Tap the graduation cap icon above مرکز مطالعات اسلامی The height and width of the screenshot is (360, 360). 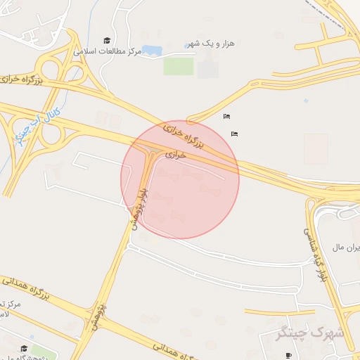click(x=107, y=40)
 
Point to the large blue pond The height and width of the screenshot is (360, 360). click(x=151, y=51)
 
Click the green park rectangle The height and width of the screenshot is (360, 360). click(x=178, y=65)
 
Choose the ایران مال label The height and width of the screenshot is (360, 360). click(x=346, y=248)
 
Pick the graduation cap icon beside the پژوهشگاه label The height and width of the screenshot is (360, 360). click(x=24, y=349)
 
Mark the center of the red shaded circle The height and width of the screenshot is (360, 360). click(x=180, y=179)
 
